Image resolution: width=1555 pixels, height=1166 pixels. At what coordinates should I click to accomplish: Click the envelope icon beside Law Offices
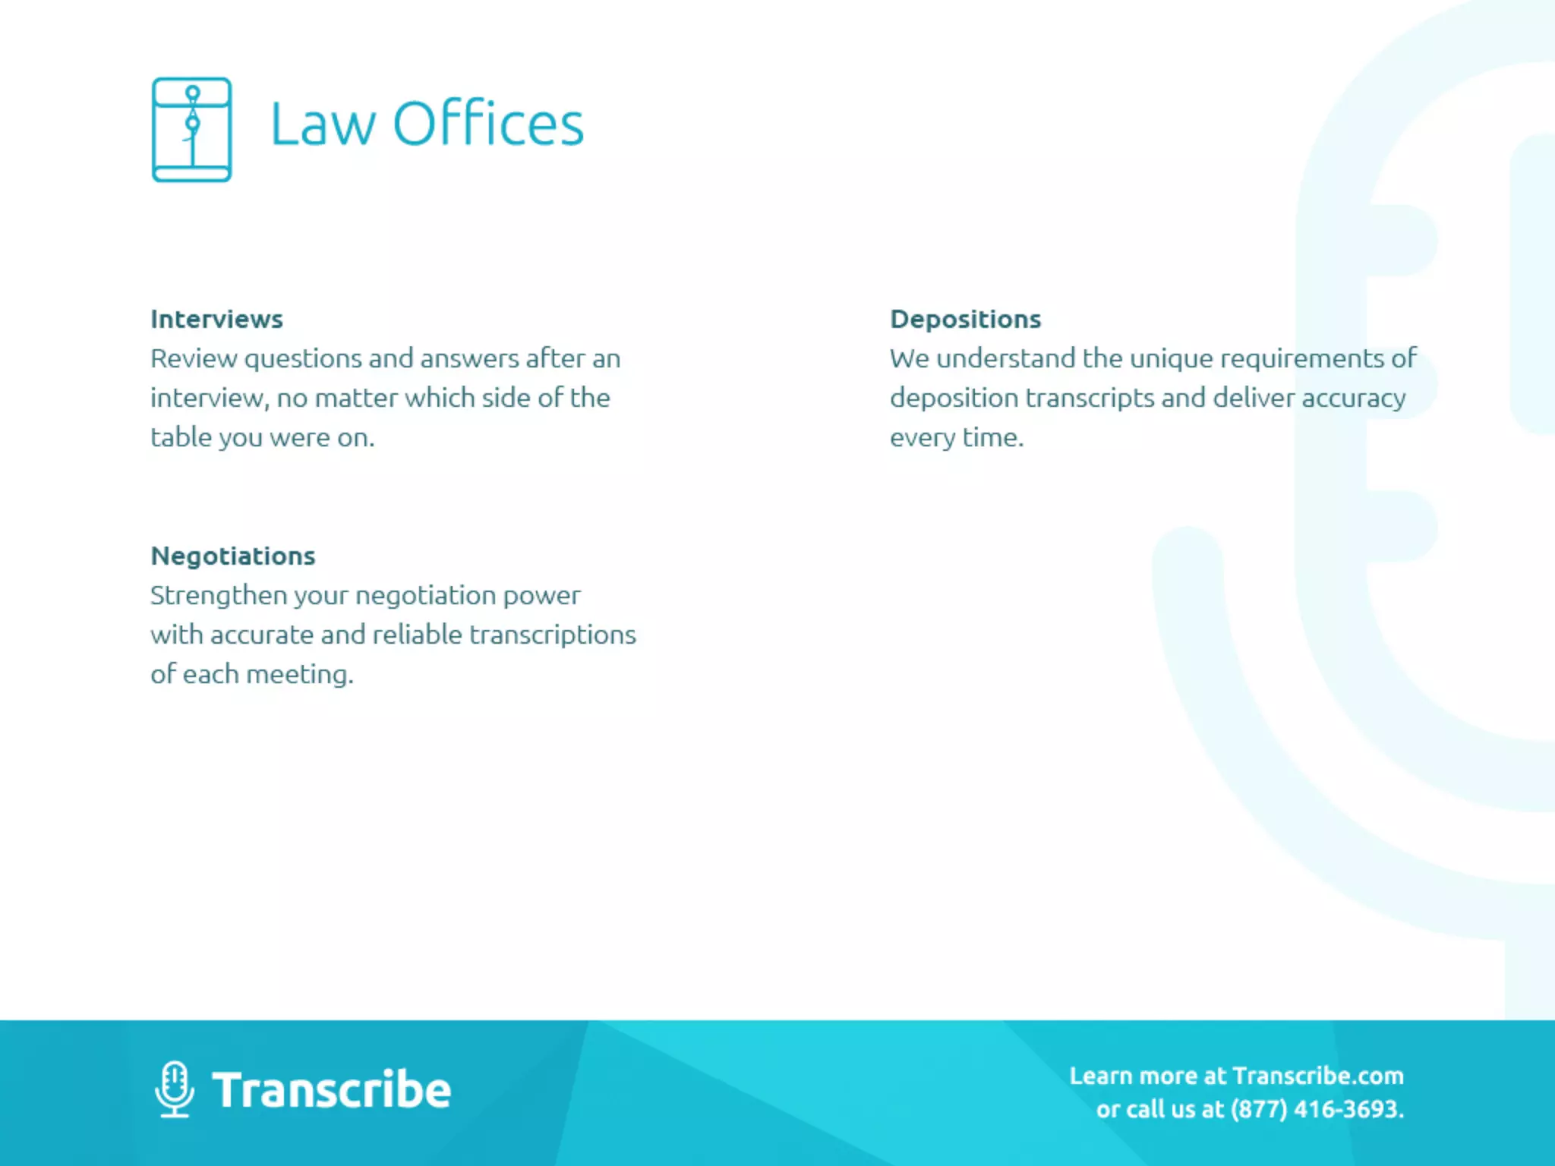click(191, 130)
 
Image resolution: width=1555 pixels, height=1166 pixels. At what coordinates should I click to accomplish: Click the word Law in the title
click(323, 124)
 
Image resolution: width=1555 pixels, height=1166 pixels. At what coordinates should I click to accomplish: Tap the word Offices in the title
click(488, 124)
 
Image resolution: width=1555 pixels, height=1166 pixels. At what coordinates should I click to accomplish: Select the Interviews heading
click(216, 320)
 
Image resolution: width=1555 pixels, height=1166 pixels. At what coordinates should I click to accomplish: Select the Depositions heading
click(965, 320)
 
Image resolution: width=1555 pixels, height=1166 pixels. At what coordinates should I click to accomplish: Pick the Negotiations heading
click(232, 556)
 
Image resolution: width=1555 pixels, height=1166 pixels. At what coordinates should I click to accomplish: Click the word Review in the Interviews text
click(193, 359)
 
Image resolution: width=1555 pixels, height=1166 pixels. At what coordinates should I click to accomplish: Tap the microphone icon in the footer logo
click(175, 1089)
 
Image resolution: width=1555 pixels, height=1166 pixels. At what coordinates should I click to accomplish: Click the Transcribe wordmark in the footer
click(331, 1090)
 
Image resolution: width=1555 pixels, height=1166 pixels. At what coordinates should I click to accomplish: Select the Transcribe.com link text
click(1318, 1076)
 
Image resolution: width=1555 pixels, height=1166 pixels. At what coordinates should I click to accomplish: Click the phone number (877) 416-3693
click(1317, 1110)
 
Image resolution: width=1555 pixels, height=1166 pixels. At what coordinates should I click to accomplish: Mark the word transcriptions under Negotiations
click(553, 635)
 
